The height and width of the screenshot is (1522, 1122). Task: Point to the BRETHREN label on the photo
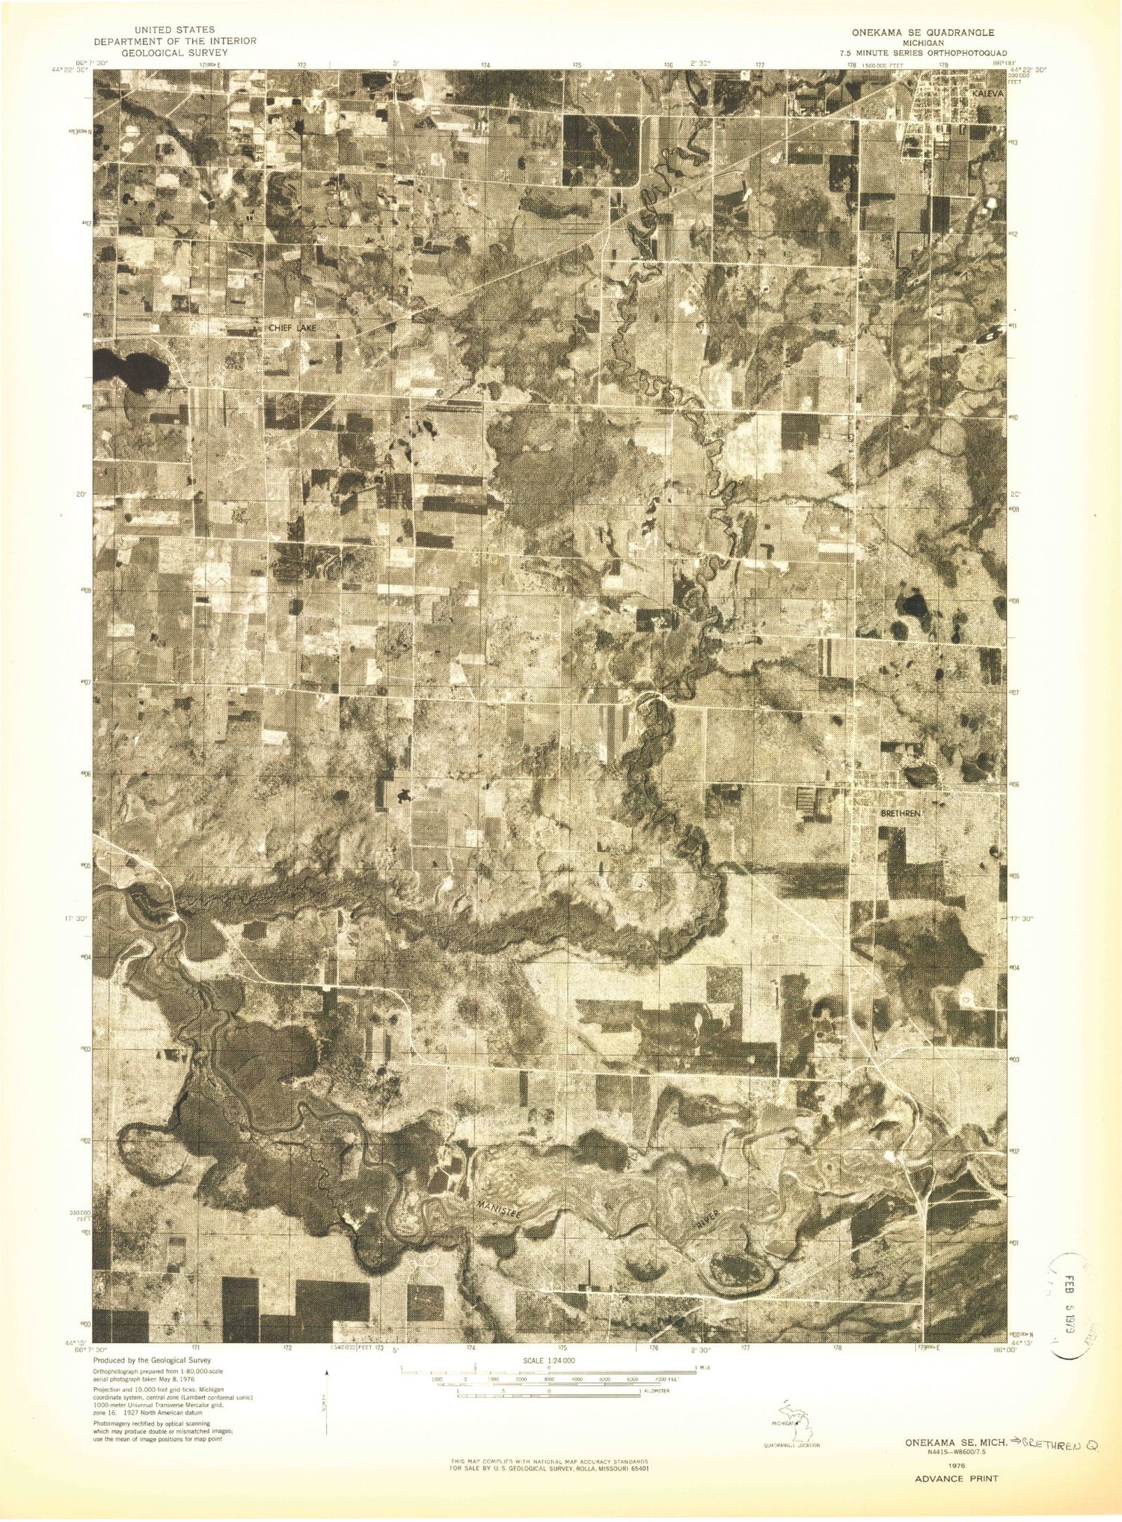[900, 813]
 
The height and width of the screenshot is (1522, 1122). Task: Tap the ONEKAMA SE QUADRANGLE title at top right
[923, 33]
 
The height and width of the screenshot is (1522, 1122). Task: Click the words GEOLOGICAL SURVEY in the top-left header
[174, 53]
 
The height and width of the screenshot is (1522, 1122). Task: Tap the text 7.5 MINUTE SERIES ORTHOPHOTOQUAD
[923, 53]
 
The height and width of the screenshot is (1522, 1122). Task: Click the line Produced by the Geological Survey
[152, 1360]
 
